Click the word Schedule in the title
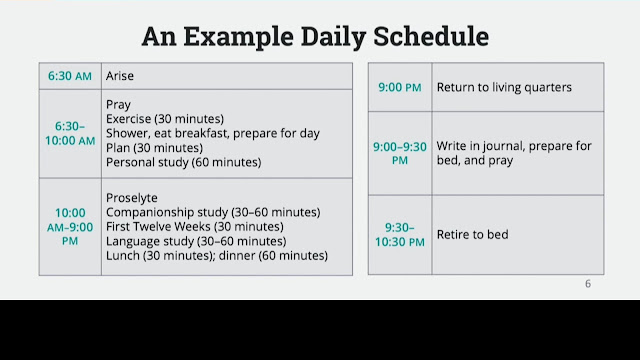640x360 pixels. coord(431,36)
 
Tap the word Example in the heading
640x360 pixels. coord(238,37)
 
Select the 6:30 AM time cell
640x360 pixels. coord(70,76)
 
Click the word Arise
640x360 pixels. coord(120,76)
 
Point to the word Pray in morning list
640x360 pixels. coord(118,105)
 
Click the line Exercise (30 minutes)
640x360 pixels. coord(165,119)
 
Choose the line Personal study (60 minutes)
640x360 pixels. coord(184,162)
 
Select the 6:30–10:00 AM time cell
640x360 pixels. coord(70,133)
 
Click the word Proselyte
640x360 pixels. coord(131,198)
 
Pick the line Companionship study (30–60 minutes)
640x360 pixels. coord(213,212)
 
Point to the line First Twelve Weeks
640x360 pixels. coord(195,227)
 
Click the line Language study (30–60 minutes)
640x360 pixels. coord(196,241)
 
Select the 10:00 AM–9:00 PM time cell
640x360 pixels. coord(70,227)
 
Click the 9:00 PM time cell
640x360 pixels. coord(400,87)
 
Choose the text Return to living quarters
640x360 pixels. coord(504,87)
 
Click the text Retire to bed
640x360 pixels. coord(473,235)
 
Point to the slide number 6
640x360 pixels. coord(588,284)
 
